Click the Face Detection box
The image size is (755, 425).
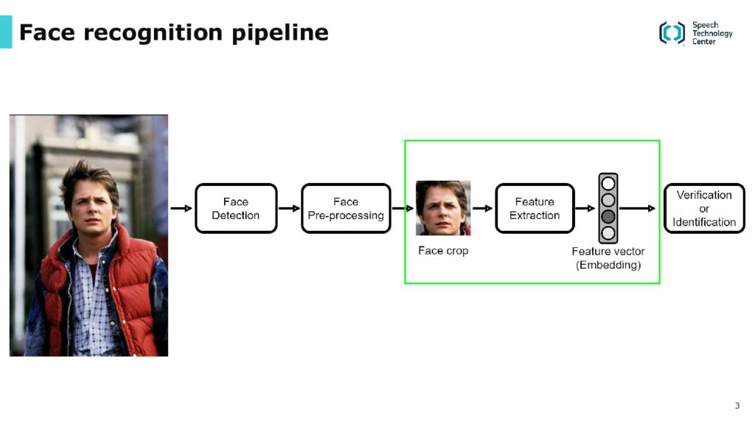[x=236, y=208]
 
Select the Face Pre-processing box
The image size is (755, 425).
[x=346, y=208]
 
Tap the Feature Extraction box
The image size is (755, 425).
[x=535, y=208]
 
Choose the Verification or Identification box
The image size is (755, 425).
[x=704, y=208]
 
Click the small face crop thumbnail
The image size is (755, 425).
[x=443, y=207]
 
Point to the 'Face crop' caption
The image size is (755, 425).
[x=443, y=251]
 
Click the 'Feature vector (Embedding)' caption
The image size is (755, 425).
[x=608, y=258]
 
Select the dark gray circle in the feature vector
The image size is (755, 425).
[x=608, y=216]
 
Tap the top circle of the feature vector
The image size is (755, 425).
[x=608, y=183]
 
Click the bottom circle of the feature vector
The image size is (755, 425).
[x=608, y=233]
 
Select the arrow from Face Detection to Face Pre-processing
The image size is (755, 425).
[x=289, y=208]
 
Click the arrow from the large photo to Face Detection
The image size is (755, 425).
[x=181, y=208]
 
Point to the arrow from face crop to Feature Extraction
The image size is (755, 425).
[x=482, y=208]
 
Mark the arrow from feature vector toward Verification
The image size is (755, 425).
[x=637, y=208]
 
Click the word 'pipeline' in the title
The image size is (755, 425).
[x=280, y=33]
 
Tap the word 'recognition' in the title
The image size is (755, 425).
[x=153, y=33]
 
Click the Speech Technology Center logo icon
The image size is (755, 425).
[x=672, y=32]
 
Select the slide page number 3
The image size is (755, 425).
[x=737, y=406]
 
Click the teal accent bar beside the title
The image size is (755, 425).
[x=6, y=32]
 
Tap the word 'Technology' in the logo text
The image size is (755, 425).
[x=713, y=33]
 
